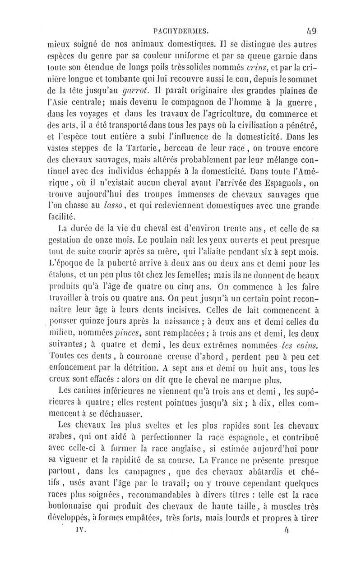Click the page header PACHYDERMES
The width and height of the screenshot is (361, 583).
coord(180,31)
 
